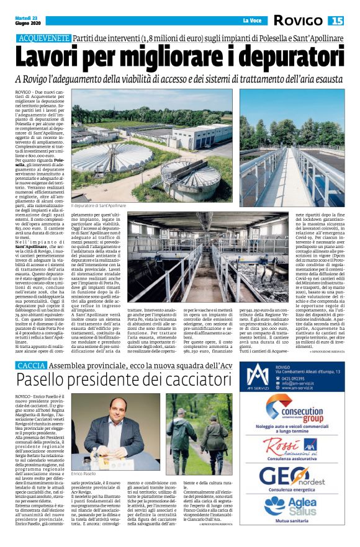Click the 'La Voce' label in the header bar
coord(251,21)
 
